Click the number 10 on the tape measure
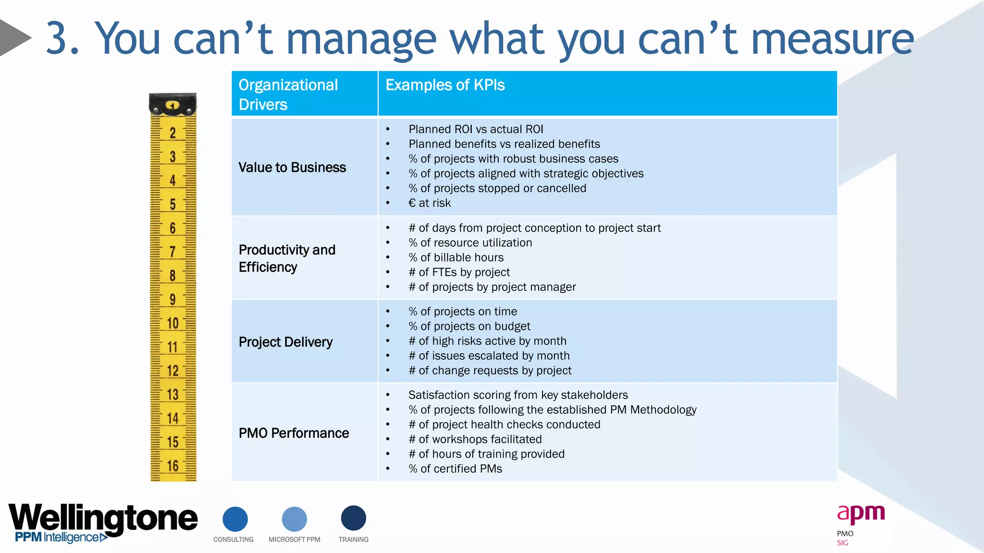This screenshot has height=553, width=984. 172,323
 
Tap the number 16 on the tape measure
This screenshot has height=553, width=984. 172,466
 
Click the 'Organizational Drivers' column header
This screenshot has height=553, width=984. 288,94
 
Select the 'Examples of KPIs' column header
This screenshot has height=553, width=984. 445,85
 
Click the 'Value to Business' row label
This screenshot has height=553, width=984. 292,167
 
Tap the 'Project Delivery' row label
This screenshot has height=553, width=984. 285,342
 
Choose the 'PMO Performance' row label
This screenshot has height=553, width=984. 294,433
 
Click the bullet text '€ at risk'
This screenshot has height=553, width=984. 430,203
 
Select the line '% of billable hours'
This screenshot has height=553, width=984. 456,257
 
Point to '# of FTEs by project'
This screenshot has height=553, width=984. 459,272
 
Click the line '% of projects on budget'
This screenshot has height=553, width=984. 469,326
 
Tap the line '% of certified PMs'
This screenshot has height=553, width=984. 455,469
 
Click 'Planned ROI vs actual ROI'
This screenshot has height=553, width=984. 476,129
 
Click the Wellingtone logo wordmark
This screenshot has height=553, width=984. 103,518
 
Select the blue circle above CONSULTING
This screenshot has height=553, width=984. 235,519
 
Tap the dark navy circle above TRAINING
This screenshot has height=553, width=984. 353,518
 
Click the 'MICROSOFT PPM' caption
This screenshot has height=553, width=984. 294,540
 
